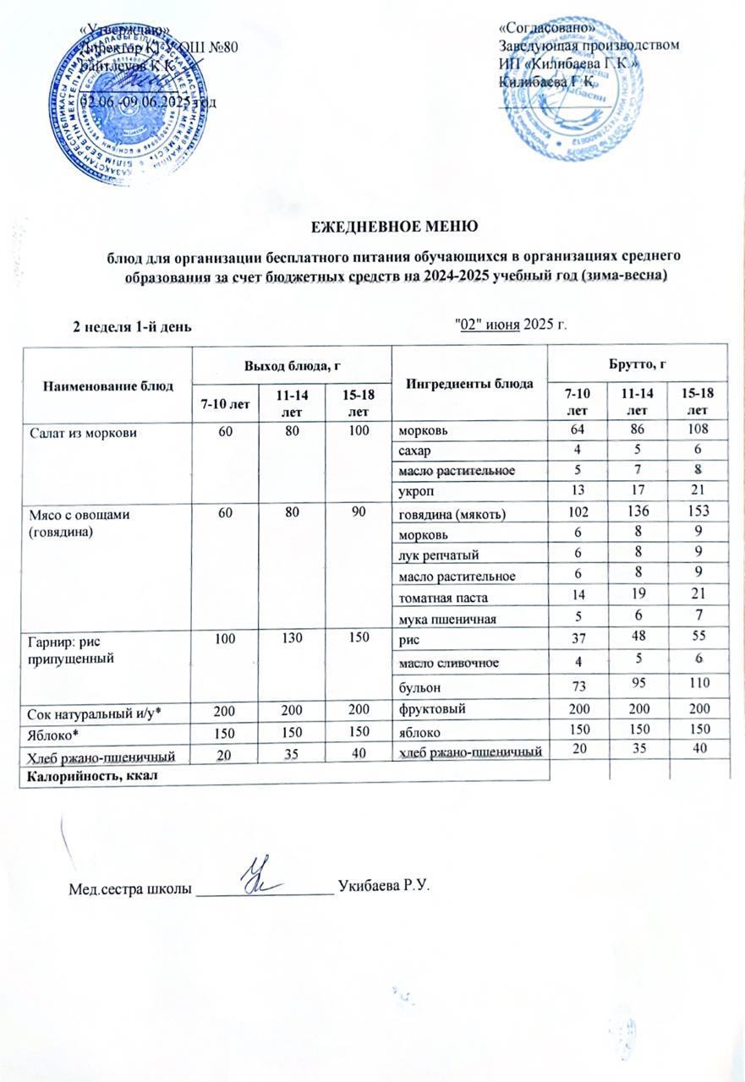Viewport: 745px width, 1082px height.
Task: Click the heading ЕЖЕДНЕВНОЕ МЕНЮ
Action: pos(372,227)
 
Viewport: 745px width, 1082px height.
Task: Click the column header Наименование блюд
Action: pos(107,385)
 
